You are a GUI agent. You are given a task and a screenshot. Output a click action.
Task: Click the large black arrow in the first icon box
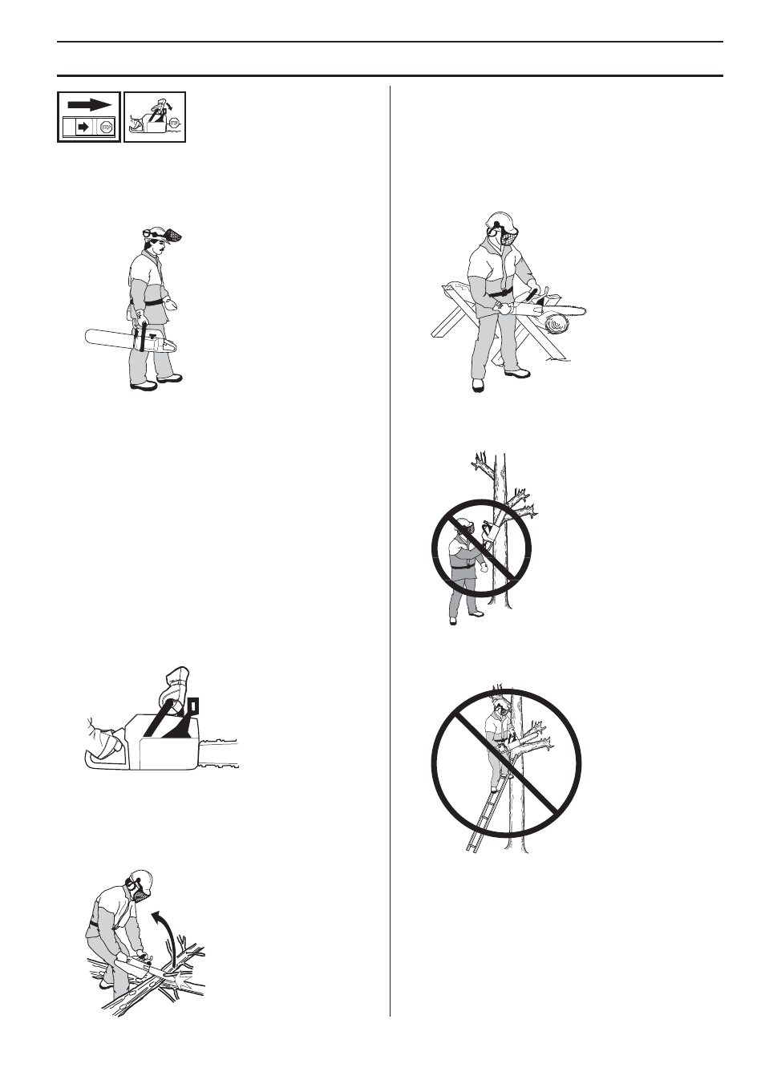tap(89, 104)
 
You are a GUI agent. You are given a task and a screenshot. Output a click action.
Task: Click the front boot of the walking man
tap(170, 378)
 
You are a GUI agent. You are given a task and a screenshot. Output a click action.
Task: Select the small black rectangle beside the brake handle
tap(192, 705)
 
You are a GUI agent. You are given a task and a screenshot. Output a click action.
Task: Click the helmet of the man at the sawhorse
tap(500, 221)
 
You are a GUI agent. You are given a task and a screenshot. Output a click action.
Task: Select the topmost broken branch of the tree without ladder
tap(483, 465)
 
